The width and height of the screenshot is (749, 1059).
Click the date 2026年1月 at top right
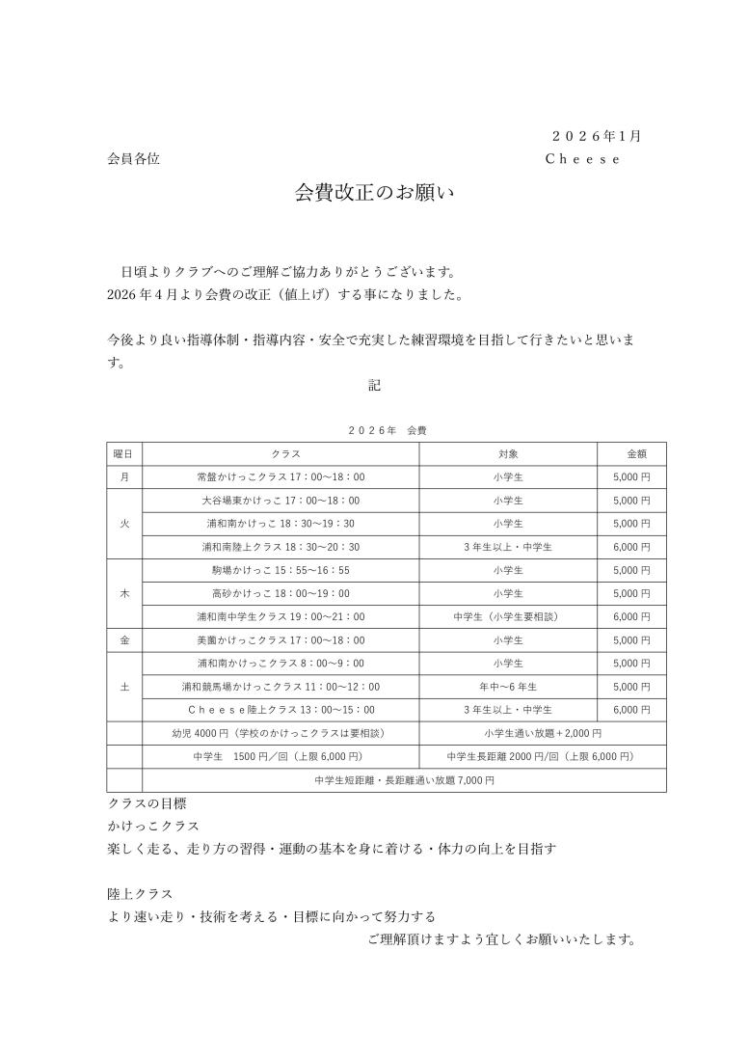[596, 135]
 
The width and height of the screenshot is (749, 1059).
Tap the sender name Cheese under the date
[582, 159]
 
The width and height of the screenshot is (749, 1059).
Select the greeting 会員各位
[133, 159]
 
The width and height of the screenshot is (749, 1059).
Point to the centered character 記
[375, 385]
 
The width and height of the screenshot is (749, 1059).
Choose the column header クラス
[281, 453]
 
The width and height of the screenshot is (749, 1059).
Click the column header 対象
[508, 453]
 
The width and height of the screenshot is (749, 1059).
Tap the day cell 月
[124, 476]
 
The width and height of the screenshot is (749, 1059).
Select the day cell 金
[124, 640]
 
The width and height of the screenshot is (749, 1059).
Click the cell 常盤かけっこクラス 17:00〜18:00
[281, 476]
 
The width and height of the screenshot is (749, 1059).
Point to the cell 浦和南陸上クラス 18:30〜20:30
[281, 547]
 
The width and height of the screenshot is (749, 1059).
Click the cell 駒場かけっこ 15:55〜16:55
[281, 570]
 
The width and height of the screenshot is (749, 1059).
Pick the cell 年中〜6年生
[508, 687]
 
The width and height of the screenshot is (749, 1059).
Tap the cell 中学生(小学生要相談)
[508, 617]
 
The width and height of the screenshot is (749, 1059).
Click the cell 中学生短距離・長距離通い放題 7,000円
[404, 780]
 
